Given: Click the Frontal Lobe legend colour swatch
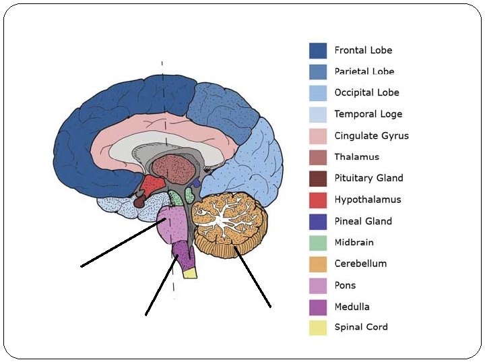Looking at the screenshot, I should [x=318, y=51].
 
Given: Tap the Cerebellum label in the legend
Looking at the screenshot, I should [x=360, y=264].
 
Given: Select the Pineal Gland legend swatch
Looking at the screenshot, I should [x=318, y=221].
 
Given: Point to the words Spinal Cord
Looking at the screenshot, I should [x=361, y=328].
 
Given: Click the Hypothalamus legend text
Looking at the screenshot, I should [x=367, y=200].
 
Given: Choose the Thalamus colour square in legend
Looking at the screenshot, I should [x=318, y=157].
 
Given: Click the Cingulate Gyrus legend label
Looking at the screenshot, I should [x=371, y=135].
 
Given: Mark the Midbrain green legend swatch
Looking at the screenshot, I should [x=318, y=243].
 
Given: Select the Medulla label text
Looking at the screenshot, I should [x=352, y=307].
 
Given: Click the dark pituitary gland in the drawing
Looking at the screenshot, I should [x=139, y=200].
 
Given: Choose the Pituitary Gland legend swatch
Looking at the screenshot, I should [x=318, y=179].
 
